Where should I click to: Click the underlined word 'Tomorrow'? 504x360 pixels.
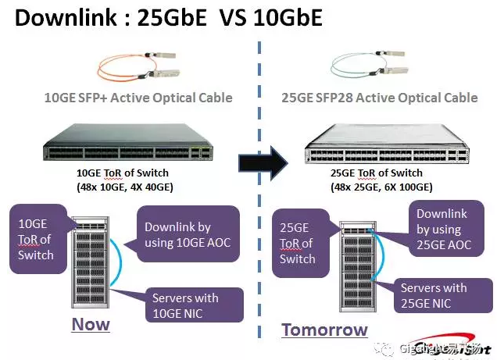coord(324,330)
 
